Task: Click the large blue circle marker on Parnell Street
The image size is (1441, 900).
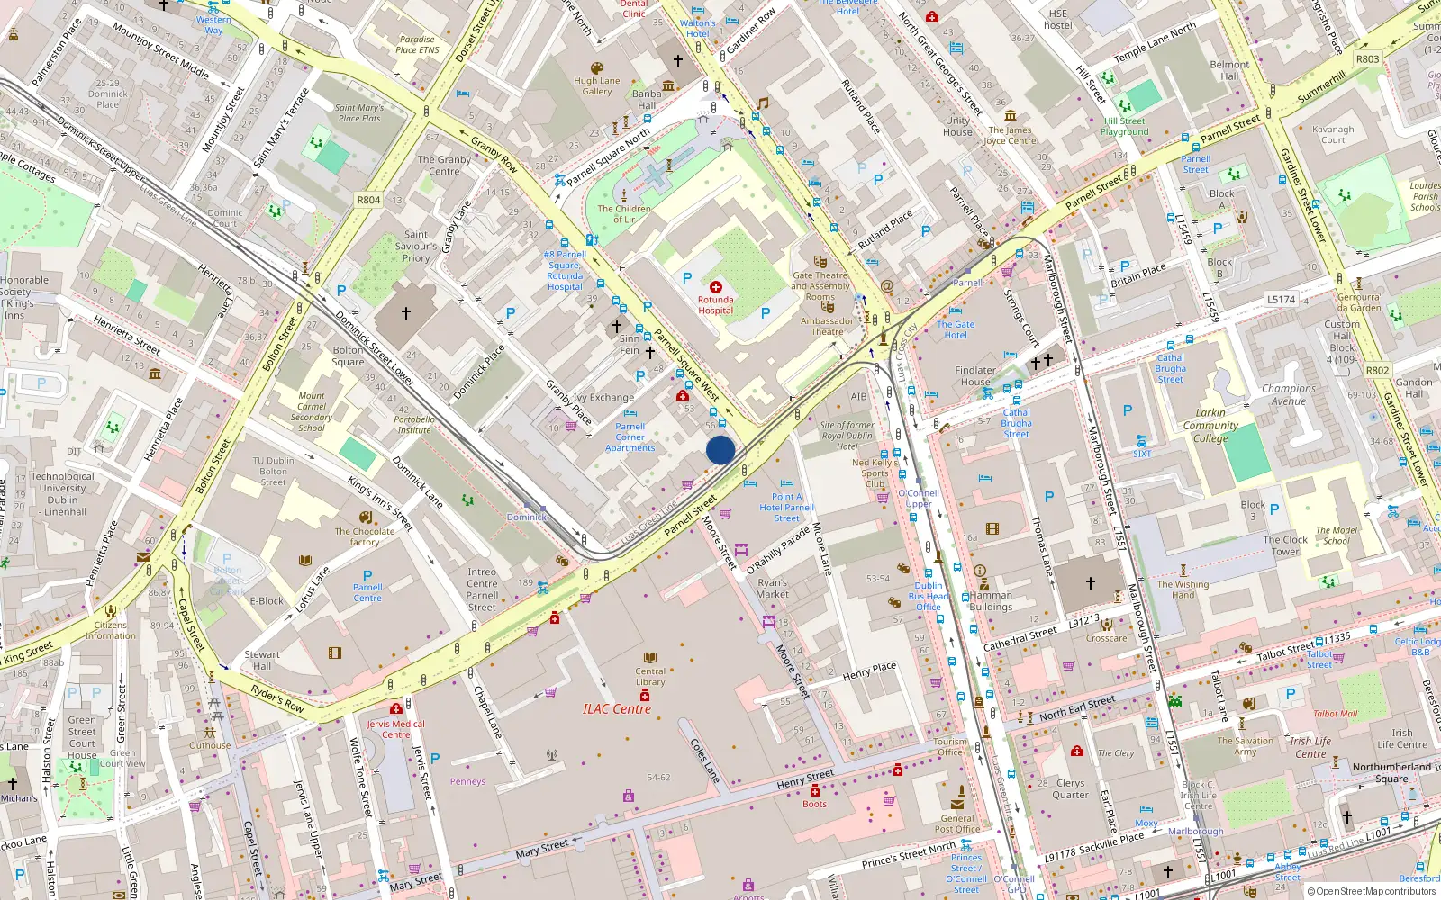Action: pos(720,450)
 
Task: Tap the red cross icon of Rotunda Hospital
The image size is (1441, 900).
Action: pos(716,287)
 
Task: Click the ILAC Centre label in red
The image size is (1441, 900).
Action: pos(616,709)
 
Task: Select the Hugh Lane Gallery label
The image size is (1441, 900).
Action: pos(597,85)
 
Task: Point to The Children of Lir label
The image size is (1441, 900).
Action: pos(624,213)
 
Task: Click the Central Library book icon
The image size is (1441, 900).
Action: pos(650,658)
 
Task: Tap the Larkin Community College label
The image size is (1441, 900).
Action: pos(1210,426)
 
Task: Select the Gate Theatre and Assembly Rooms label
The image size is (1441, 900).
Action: pos(820,286)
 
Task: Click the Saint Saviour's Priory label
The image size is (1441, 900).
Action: pos(415,246)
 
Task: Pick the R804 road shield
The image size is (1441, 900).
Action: pos(368,200)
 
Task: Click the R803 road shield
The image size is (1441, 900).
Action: pos(1367,59)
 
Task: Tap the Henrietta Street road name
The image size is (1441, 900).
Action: pos(127,335)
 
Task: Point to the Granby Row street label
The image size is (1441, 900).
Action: pos(494,154)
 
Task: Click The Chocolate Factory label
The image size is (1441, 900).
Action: pos(365,536)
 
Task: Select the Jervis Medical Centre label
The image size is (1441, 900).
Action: pos(395,729)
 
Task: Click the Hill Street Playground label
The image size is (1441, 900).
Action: pos(1124,126)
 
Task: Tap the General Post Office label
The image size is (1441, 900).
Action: pos(956,823)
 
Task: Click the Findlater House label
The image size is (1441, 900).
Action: pos(975,375)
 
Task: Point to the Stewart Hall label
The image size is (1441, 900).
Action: pos(262,660)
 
